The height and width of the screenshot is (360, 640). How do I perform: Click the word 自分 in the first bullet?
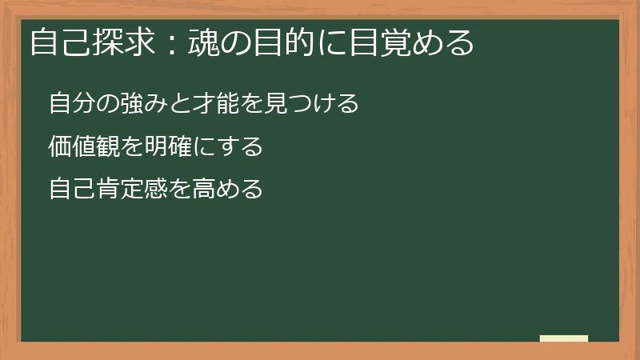[x=70, y=104]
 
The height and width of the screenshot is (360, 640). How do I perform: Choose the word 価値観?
[x=81, y=147]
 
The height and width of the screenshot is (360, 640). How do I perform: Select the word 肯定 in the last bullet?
[x=113, y=190]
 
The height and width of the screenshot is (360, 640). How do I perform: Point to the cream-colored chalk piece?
[x=564, y=338]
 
